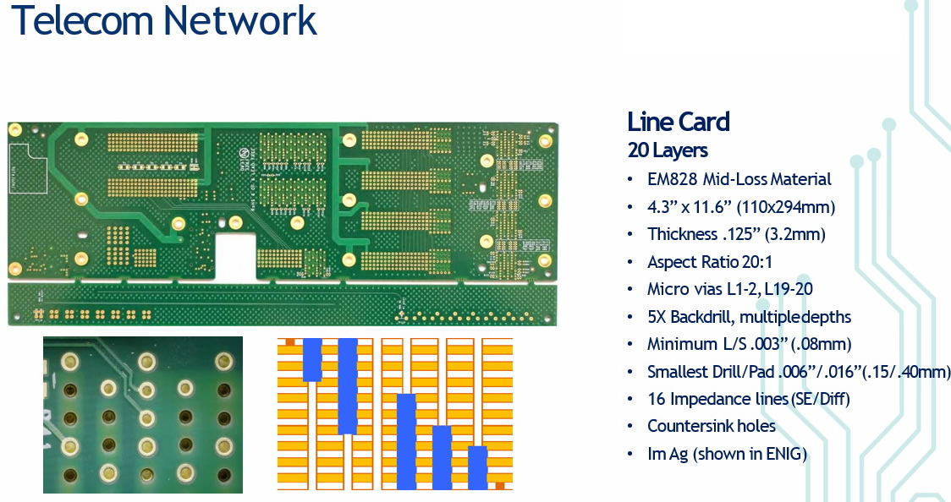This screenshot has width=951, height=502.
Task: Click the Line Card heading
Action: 678,122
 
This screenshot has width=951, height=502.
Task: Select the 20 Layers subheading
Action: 668,151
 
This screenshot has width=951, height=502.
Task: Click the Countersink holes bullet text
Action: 711,426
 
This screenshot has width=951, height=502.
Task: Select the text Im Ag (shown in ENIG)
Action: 727,454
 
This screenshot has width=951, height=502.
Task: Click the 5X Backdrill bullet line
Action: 749,317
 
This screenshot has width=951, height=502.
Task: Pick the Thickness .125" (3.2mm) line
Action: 736,234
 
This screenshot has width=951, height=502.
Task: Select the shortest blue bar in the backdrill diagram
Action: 478,467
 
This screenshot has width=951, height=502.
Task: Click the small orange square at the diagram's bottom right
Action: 500,486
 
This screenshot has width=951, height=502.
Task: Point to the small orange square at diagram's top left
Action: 289,341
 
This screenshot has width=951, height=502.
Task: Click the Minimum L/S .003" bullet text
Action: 749,344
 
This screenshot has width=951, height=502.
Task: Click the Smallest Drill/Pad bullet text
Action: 799,372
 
